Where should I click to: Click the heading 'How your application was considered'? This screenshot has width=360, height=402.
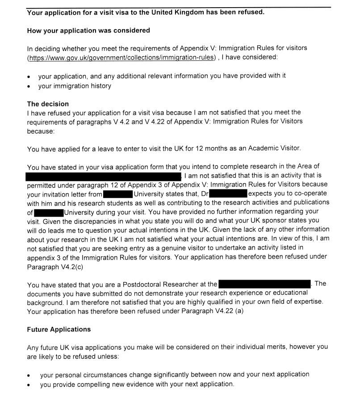pos(88,31)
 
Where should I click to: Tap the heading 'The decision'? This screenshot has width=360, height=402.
pos(48,104)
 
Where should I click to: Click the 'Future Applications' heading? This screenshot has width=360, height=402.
pos(59,330)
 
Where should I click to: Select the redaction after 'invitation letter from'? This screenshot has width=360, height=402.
pos(117,194)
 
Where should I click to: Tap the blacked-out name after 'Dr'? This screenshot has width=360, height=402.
pos(228,194)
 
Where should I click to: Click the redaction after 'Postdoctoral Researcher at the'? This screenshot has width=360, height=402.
pos(264,284)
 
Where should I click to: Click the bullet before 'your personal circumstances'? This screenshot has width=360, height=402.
pos(29,375)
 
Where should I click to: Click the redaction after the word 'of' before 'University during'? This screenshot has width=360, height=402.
pos(49,212)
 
